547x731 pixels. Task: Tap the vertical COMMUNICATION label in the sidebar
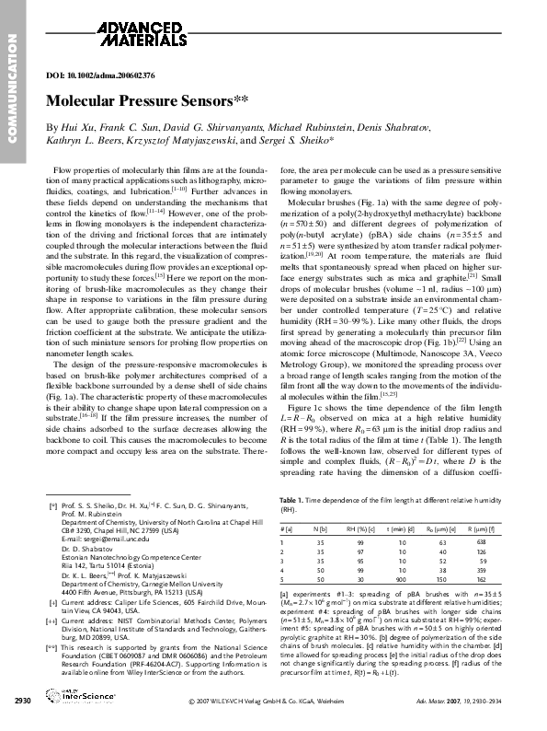[13, 87]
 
